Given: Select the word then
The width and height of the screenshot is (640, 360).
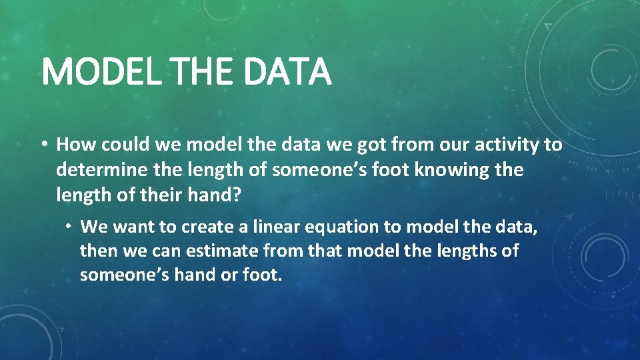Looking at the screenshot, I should (x=97, y=251).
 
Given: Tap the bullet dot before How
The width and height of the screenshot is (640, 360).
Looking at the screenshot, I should (x=45, y=145).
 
